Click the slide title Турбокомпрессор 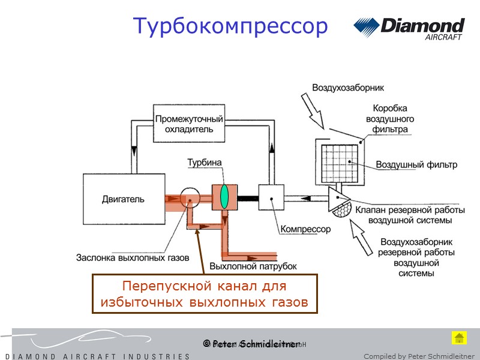coord(230,26)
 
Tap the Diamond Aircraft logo coord(409,28)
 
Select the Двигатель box coord(122,199)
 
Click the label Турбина coord(205,163)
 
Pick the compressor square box coord(271,197)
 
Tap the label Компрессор coord(305,229)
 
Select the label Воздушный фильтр coord(416,164)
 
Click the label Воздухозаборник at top coord(347,88)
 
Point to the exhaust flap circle coord(190,198)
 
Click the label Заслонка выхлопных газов coord(132,258)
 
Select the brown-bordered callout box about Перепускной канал coord(204,294)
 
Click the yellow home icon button coord(459,337)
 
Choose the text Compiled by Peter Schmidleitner coord(419,356)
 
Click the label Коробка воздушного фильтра coord(390,119)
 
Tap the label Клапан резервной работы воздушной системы coord(410,215)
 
